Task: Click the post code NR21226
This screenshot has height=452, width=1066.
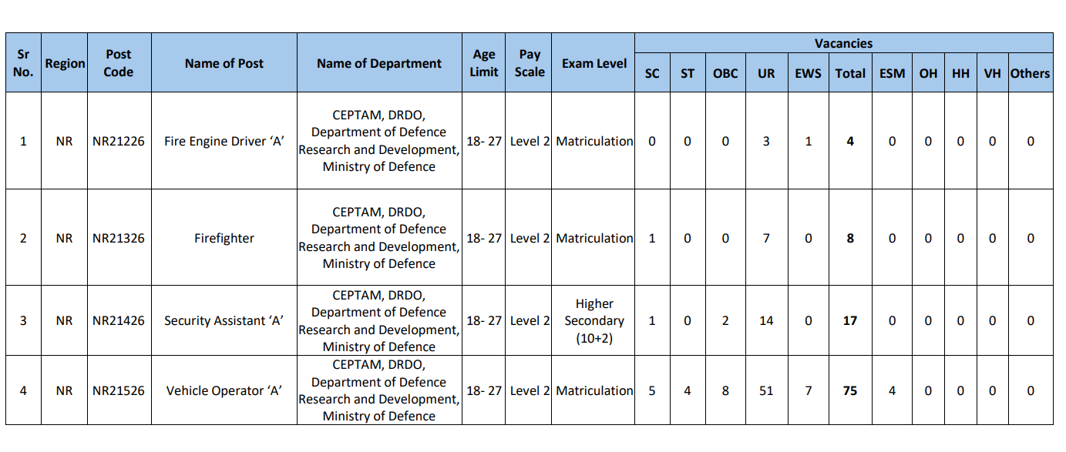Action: (x=119, y=141)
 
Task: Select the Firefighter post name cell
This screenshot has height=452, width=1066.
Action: (x=224, y=238)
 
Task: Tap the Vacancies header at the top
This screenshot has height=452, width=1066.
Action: (x=843, y=43)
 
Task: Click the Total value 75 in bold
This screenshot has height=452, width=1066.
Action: (x=849, y=390)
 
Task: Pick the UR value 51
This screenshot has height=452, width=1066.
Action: (x=765, y=390)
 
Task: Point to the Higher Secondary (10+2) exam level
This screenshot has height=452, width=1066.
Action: (x=594, y=320)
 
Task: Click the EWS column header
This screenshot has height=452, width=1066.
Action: (x=808, y=73)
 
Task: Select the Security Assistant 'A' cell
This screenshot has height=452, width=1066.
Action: (x=224, y=320)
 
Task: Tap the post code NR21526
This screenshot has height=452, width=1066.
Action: (x=119, y=390)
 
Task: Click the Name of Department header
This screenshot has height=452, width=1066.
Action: (x=378, y=63)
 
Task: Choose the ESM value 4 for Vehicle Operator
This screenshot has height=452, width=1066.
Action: (x=892, y=390)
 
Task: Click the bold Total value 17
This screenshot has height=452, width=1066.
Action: (x=849, y=320)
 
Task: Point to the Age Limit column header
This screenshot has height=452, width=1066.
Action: (x=484, y=63)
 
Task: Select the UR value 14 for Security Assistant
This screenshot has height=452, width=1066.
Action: (x=765, y=320)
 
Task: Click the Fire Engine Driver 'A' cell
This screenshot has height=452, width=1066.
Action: (x=224, y=141)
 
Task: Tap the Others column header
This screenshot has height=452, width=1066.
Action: (x=1030, y=73)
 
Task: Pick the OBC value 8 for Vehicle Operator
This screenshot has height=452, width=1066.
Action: (x=725, y=390)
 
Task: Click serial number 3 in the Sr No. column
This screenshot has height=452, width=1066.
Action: (x=23, y=320)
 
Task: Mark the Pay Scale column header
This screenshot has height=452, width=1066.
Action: (x=530, y=63)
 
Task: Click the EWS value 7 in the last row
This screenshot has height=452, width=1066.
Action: (x=808, y=390)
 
